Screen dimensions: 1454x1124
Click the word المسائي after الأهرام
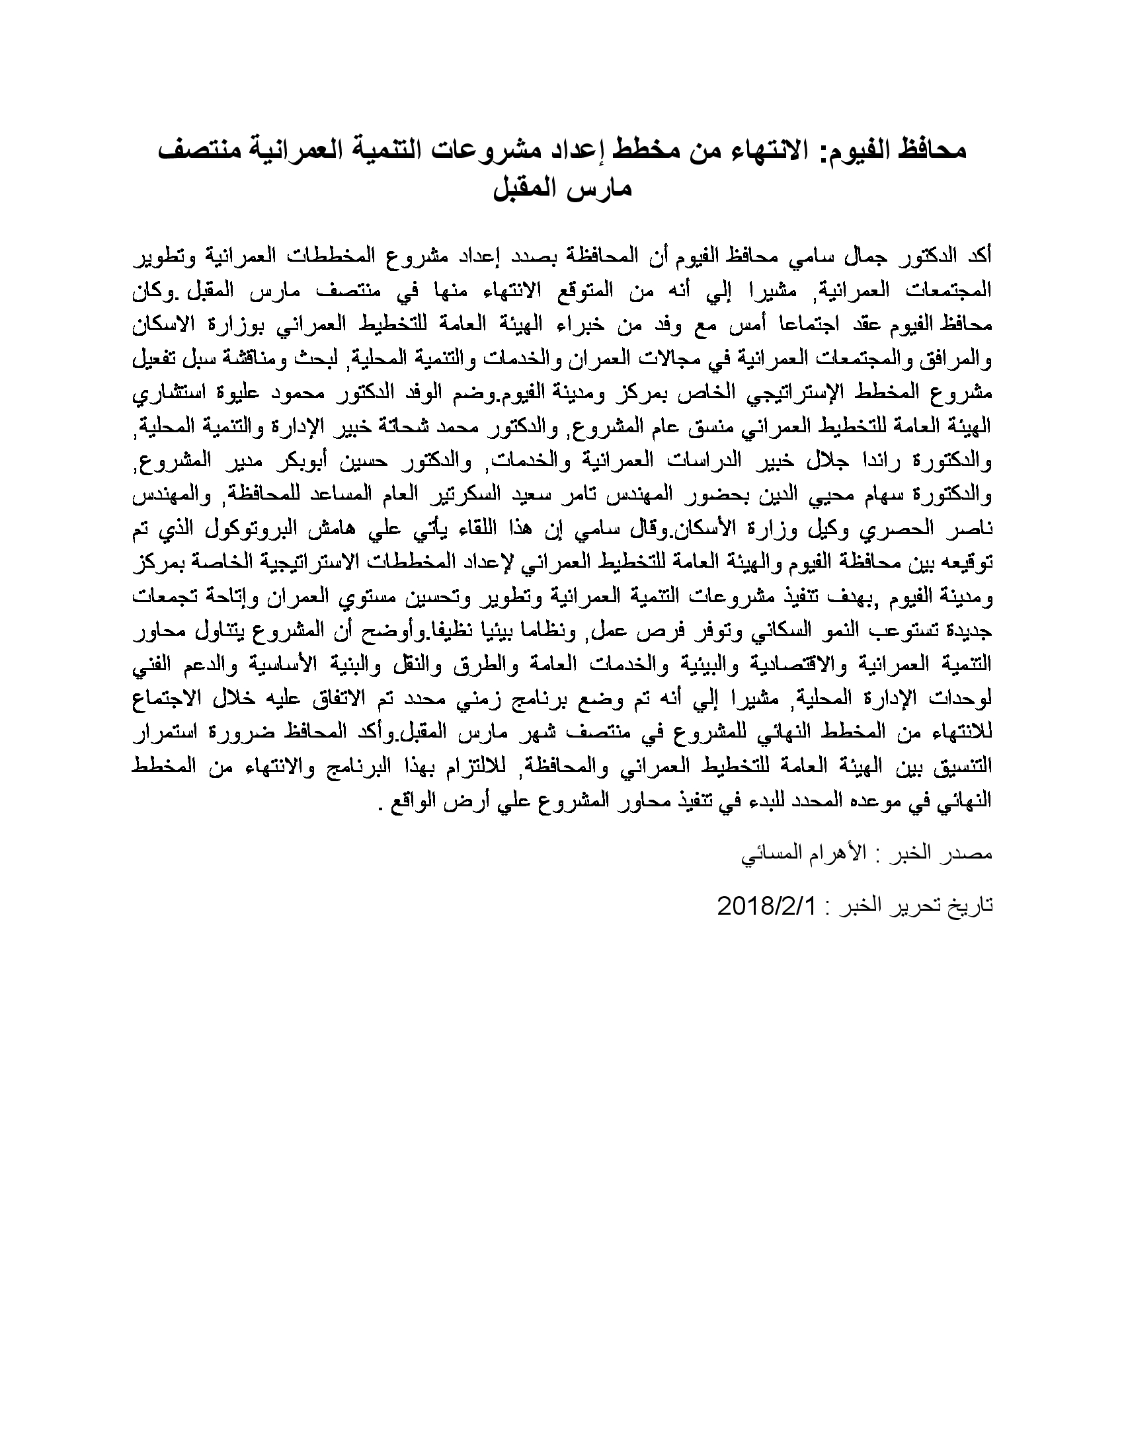click(768, 855)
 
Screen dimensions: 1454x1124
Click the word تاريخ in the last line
click(972, 906)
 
